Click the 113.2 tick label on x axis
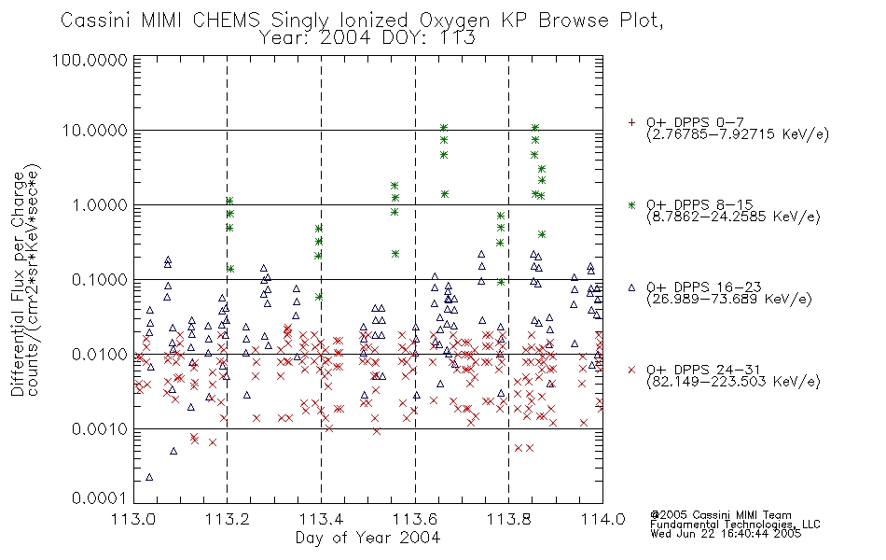tap(228, 519)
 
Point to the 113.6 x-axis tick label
tap(415, 519)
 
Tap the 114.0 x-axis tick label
tap(602, 519)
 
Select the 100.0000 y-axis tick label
tap(90, 60)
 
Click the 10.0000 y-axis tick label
tap(95, 131)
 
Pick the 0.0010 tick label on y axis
tap(100, 429)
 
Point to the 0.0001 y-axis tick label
tap(100, 498)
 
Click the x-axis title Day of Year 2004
tap(367, 538)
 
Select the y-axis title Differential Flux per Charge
tap(18, 284)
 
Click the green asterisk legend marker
tap(631, 204)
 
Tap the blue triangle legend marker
tap(631, 287)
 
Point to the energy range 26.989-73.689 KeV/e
tap(729, 300)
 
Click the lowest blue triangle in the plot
tap(149, 477)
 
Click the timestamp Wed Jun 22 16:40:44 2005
tap(726, 534)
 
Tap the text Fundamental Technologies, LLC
tap(735, 525)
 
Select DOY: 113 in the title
tap(429, 38)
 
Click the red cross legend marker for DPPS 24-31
tap(631, 370)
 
